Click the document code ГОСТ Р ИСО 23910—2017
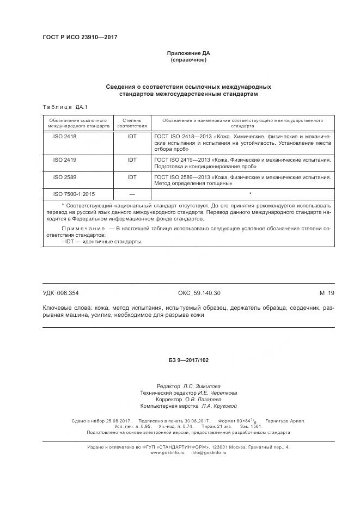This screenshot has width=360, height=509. click(x=80, y=37)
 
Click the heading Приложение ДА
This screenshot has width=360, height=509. click(x=188, y=53)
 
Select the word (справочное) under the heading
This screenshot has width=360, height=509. click(x=188, y=60)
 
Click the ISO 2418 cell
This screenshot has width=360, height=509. click(x=65, y=137)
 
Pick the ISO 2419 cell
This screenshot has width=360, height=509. click(x=65, y=160)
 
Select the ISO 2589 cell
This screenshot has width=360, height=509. click(x=65, y=177)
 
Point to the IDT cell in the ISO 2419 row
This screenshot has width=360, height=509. click(x=132, y=160)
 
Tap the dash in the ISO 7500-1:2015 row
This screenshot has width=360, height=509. click(x=132, y=194)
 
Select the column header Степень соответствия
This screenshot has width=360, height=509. click(x=132, y=122)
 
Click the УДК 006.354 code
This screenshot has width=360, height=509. click(x=64, y=293)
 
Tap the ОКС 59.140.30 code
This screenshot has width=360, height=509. click(x=199, y=293)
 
